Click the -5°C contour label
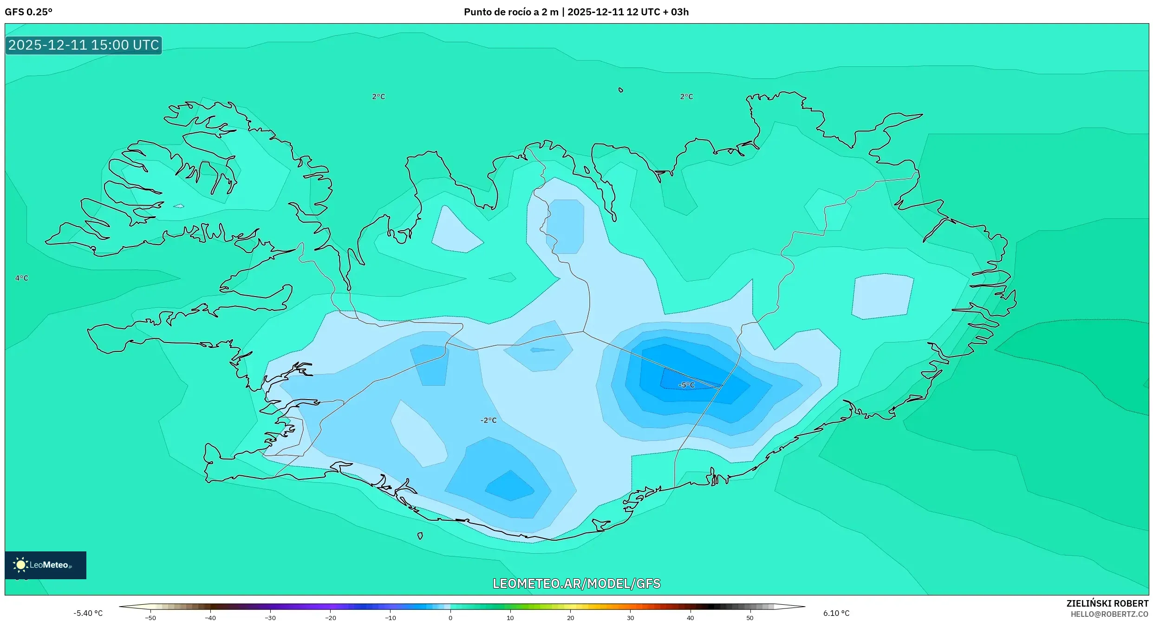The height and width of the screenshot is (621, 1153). tap(686, 385)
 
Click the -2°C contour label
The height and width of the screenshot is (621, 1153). tap(489, 420)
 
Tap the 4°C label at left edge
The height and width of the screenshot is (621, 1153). tap(22, 278)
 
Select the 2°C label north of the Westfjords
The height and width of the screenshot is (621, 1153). tap(378, 97)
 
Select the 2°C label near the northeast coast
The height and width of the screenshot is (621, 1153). tap(686, 97)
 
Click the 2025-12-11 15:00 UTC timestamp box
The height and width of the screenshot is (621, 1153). tap(84, 45)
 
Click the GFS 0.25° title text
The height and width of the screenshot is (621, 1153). tap(28, 12)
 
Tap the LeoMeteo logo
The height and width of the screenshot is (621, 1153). tap(45, 565)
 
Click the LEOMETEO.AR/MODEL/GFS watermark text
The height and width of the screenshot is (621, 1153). tap(576, 583)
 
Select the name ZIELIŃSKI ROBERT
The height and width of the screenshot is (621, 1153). tap(1107, 603)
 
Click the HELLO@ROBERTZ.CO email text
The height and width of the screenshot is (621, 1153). tap(1109, 614)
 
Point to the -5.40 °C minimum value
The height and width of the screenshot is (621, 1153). tap(88, 613)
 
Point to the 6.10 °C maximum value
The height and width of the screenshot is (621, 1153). tap(836, 613)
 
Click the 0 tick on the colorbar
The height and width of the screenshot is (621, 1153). tap(450, 618)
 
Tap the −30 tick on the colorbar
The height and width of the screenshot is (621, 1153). tap(270, 618)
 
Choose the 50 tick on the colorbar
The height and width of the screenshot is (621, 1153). tap(750, 618)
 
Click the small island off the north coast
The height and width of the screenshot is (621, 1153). tap(621, 90)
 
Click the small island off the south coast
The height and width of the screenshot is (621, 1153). tap(420, 536)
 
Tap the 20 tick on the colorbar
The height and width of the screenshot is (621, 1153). tap(570, 618)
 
